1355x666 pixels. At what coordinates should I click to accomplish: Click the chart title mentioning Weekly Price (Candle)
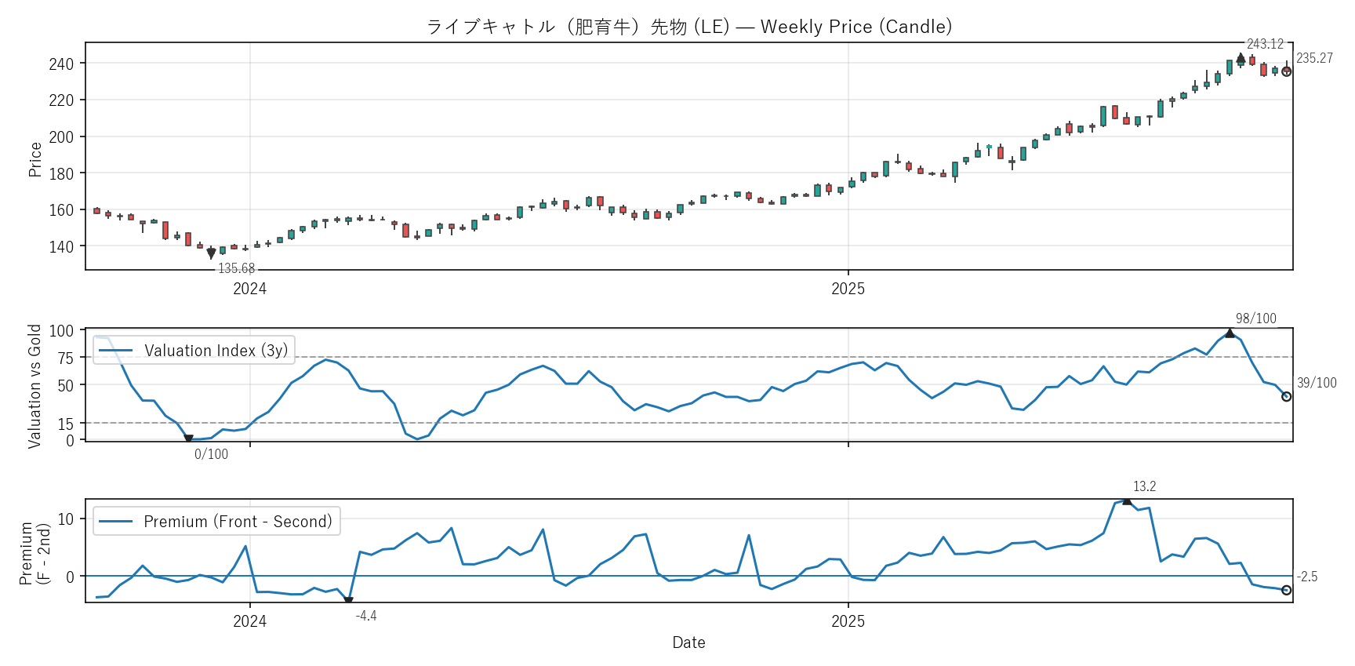pos(688,27)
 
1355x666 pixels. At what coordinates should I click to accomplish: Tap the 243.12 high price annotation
pos(1265,44)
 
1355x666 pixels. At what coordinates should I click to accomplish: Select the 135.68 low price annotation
pos(236,268)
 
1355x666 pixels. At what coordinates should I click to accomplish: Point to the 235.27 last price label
pos(1314,58)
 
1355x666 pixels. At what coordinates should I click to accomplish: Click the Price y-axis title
pos(35,159)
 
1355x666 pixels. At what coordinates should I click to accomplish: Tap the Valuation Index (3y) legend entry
pos(216,351)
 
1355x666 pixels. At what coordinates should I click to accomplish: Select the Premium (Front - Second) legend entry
pos(238,522)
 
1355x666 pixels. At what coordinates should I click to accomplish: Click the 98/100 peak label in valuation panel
pos(1255,318)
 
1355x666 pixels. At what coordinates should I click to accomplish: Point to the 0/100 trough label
pos(211,454)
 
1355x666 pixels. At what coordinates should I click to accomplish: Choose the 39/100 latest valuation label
pos(1317,383)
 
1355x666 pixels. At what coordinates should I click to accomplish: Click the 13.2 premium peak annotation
pos(1144,486)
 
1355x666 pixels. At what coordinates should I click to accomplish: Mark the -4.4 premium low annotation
pos(366,616)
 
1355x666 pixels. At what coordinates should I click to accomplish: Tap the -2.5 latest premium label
pos(1307,577)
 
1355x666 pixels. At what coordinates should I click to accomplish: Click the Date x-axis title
pos(688,642)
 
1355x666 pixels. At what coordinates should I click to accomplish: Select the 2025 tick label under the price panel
pos(848,289)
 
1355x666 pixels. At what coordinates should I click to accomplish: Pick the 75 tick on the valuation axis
pos(65,358)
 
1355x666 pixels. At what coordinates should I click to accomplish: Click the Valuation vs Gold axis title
pos(35,386)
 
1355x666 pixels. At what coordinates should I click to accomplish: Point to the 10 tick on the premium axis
pos(65,519)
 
